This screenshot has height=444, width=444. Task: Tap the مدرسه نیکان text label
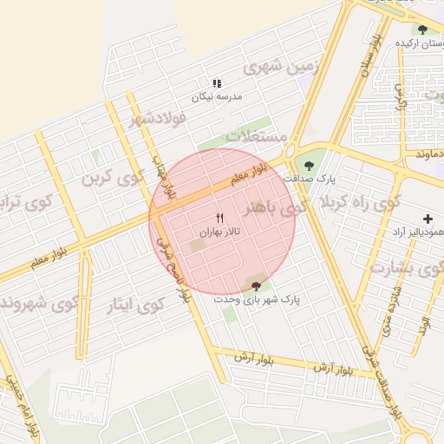(x=216, y=97)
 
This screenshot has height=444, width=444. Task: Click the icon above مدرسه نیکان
(x=216, y=83)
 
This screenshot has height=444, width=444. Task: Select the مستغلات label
(x=256, y=136)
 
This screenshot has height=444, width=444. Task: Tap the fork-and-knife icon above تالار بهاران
(x=219, y=216)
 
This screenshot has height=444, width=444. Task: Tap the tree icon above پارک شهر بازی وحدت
(x=255, y=284)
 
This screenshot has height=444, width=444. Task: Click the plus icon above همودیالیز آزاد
(x=427, y=219)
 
